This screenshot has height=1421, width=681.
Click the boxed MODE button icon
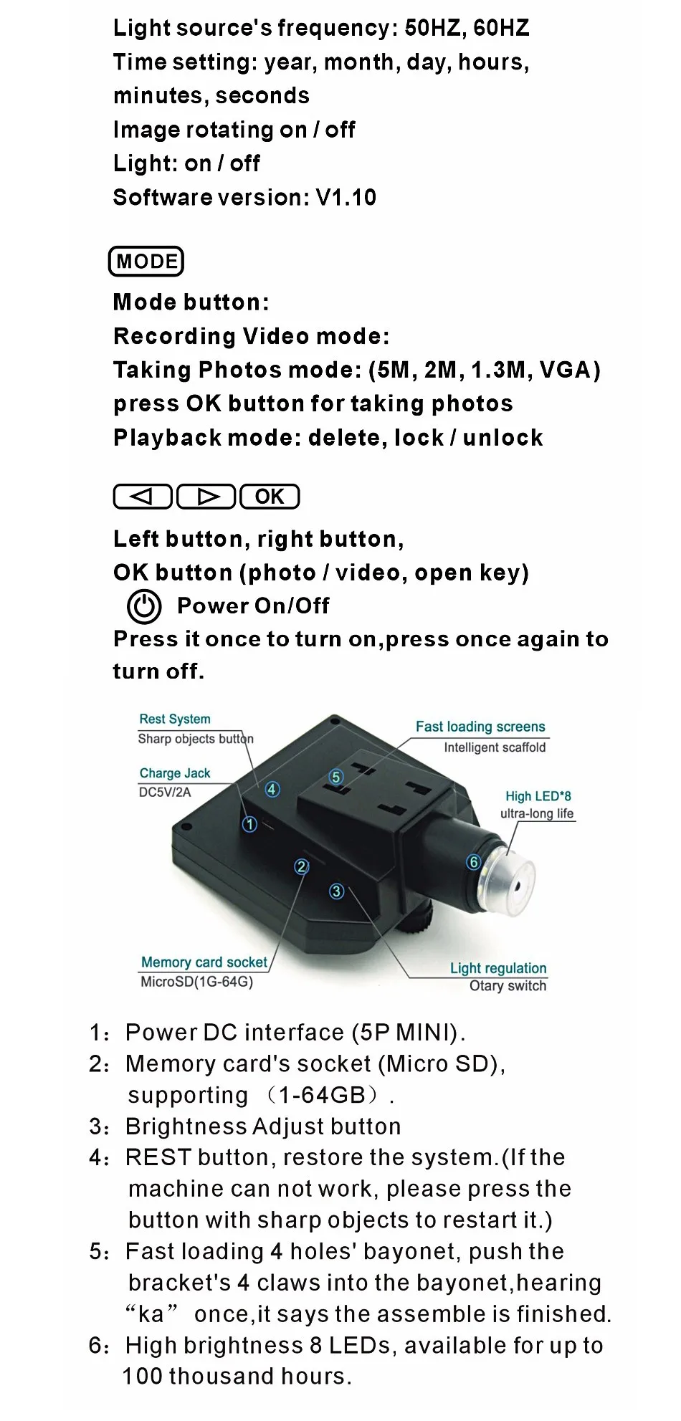[x=146, y=262]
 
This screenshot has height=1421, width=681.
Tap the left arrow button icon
[x=143, y=497]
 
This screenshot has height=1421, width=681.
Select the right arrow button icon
[x=206, y=497]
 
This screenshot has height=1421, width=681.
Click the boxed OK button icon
[x=270, y=497]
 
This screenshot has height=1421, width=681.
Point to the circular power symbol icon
[x=144, y=606]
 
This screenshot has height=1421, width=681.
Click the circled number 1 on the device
[x=249, y=824]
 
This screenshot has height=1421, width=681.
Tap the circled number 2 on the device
[x=302, y=866]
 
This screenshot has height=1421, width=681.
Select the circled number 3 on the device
[x=336, y=891]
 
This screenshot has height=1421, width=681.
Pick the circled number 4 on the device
[x=272, y=789]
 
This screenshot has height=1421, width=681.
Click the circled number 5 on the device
[x=335, y=777]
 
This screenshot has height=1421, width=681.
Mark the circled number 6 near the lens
[x=473, y=862]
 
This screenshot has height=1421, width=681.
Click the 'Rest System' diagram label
[x=175, y=719]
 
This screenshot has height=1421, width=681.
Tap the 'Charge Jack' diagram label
[x=175, y=773]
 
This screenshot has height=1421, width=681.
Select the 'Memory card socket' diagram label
[x=204, y=962]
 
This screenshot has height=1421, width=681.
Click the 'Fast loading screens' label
[x=480, y=727]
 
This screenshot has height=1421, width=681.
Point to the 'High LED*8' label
[x=538, y=796]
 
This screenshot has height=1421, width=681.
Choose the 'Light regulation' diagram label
[x=498, y=968]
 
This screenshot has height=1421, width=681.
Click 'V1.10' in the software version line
[x=346, y=198]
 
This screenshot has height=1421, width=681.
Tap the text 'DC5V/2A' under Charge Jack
[x=165, y=792]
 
